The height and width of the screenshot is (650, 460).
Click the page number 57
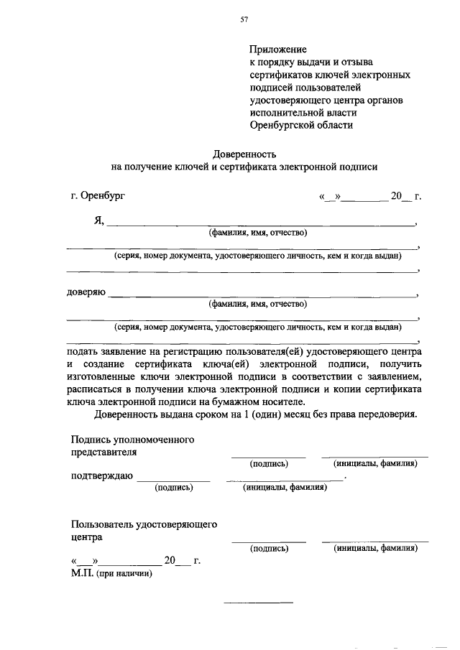click(244, 19)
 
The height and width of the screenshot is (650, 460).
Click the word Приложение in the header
click(278, 50)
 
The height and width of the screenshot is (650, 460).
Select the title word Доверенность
click(244, 153)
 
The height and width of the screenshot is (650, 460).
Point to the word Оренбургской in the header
click(285, 124)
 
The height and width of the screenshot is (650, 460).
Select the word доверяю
click(86, 293)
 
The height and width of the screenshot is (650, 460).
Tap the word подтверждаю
click(101, 475)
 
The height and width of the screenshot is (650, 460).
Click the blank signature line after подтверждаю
click(173, 479)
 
